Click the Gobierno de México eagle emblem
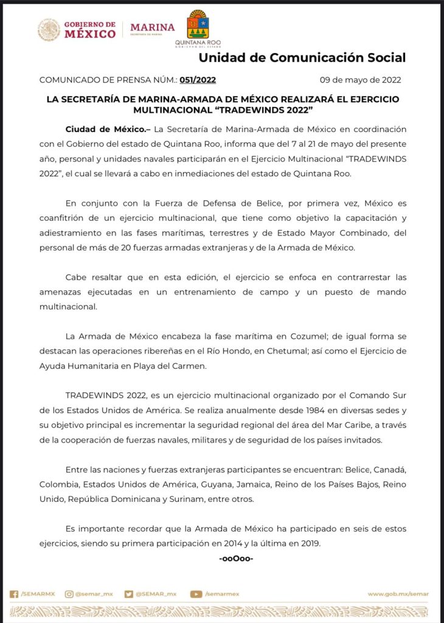(49, 29)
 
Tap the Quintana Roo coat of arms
(197, 24)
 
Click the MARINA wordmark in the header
(152, 28)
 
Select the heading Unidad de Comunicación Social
(302, 58)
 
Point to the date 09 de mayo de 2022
(360, 80)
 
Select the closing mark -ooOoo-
(235, 558)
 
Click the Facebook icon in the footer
(14, 594)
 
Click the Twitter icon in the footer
(128, 594)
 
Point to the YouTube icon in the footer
(196, 594)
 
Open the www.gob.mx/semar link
(398, 594)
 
